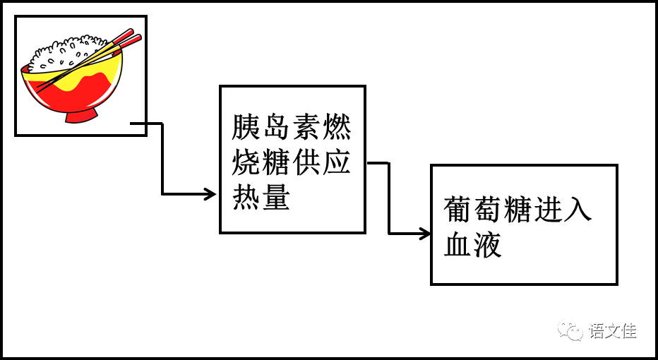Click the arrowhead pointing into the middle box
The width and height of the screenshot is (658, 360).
[210, 194]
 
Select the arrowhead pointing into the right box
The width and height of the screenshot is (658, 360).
[425, 234]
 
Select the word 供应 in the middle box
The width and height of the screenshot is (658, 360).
[321, 164]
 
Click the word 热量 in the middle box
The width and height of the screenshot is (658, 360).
[261, 198]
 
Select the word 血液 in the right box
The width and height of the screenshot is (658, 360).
[473, 245]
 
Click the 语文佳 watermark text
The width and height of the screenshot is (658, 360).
[613, 330]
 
